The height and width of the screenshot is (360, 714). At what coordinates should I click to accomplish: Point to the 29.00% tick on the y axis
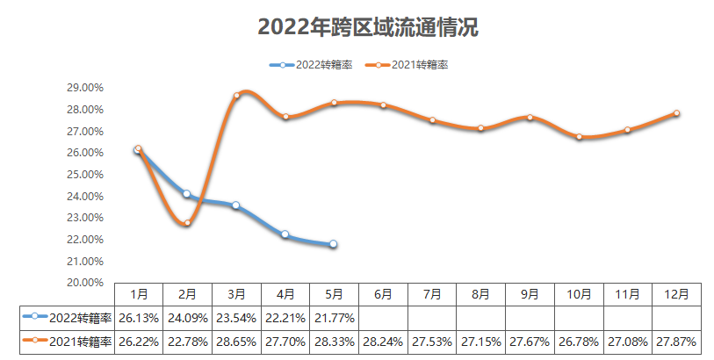tap(86, 88)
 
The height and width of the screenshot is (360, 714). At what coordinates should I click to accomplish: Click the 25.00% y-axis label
tap(86, 174)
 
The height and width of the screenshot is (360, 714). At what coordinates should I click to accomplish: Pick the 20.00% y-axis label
tap(86, 282)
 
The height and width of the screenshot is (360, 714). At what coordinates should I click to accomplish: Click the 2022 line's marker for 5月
tap(334, 244)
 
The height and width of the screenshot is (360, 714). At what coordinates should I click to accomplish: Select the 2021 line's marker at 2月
tap(187, 222)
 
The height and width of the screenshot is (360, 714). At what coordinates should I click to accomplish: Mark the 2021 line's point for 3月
tap(236, 96)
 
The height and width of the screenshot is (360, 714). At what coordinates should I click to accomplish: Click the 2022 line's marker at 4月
tap(285, 234)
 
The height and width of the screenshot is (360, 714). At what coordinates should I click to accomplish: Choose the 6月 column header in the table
tap(383, 294)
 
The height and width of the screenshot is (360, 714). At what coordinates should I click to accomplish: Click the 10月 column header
tap(579, 294)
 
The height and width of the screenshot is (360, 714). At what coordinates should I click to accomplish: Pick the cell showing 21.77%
tap(334, 318)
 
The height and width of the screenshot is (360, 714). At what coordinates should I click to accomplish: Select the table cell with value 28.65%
tap(236, 342)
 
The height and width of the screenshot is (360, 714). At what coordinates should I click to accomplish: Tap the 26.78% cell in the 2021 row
tap(579, 342)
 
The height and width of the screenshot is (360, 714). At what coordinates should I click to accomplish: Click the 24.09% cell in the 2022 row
tap(187, 318)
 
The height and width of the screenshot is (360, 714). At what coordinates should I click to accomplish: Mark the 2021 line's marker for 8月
tap(481, 128)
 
